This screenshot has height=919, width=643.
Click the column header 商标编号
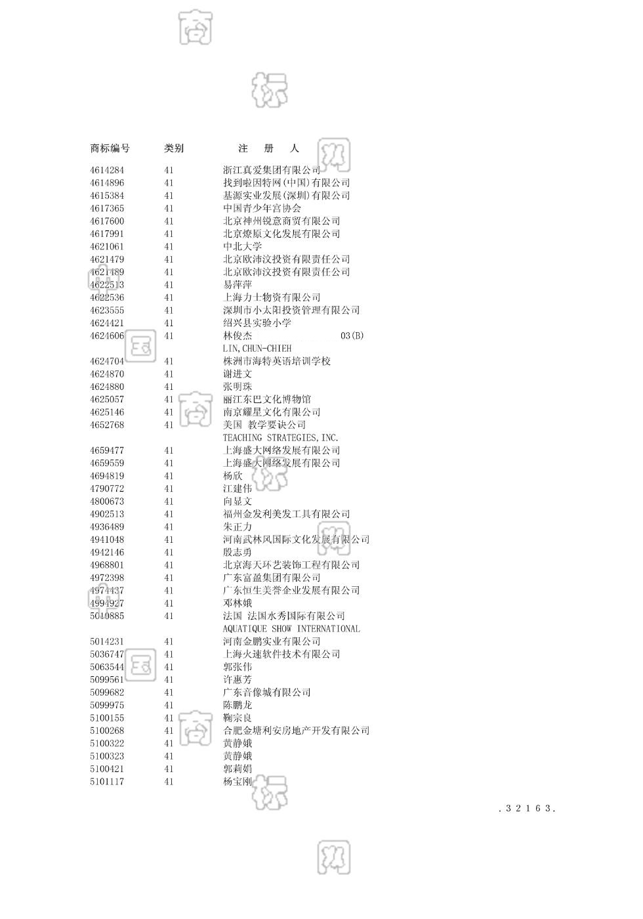pos(110,148)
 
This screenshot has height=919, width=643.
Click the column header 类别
pos(174,148)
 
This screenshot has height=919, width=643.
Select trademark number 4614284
pos(107,170)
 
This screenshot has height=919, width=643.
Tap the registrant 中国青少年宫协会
pos(262,208)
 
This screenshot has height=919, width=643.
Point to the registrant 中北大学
pos(242,246)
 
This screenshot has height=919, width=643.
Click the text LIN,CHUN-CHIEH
pos(257,349)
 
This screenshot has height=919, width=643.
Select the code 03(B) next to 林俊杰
pos(352,335)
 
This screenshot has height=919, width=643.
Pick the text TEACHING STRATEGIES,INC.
pos(280,438)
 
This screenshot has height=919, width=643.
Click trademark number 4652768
pos(107,425)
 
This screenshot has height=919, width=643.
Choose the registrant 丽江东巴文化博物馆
pos(266,399)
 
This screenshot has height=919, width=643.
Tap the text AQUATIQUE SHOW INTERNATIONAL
pos(291,629)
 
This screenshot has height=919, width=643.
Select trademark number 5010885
pos(107,616)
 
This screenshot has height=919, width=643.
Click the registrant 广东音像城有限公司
pos(266,693)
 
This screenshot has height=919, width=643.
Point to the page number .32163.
pos(527,809)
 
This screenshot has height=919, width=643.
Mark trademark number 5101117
pos(107,782)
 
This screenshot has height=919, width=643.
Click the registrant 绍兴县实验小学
pos(257,323)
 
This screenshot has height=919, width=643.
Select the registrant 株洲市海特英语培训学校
pos(276,361)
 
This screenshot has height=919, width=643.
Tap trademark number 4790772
pos(107,488)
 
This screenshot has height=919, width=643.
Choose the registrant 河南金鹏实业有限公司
pos(272,641)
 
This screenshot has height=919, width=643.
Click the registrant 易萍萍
pos(238,285)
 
